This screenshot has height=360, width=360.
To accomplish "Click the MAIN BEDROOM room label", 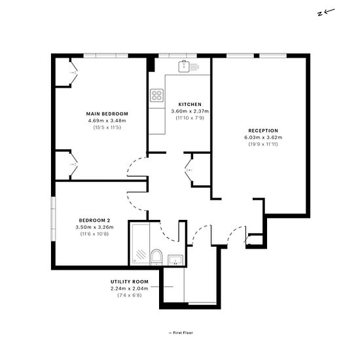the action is click(x=107, y=114).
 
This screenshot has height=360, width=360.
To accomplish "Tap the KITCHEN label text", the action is click(x=190, y=105).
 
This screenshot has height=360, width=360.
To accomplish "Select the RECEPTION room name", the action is click(x=263, y=131).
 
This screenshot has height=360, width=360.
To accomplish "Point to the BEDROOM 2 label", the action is click(x=94, y=221).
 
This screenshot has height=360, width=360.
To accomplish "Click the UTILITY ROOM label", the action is click(x=130, y=281).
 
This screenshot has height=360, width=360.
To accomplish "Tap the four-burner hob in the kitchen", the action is click(x=157, y=96).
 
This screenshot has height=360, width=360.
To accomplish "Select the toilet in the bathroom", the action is click(x=156, y=257).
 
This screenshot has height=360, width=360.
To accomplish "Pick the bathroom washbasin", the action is click(x=175, y=260).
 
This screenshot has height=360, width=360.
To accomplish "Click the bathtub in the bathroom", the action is click(x=141, y=244).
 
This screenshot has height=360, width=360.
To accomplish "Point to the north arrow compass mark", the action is click(x=326, y=12).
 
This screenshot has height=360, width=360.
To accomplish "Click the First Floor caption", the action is click(x=181, y=333).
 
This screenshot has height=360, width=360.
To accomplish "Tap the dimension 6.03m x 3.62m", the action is click(x=263, y=137).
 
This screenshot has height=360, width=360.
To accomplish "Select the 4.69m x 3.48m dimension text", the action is click(x=107, y=121).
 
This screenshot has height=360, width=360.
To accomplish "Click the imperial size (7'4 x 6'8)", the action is click(x=130, y=295).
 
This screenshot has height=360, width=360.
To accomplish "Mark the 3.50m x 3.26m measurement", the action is click(x=94, y=227).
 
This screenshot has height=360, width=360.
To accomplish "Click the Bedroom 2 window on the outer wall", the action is click(x=53, y=219).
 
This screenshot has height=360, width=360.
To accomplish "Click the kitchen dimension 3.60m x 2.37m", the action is click(x=190, y=111).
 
